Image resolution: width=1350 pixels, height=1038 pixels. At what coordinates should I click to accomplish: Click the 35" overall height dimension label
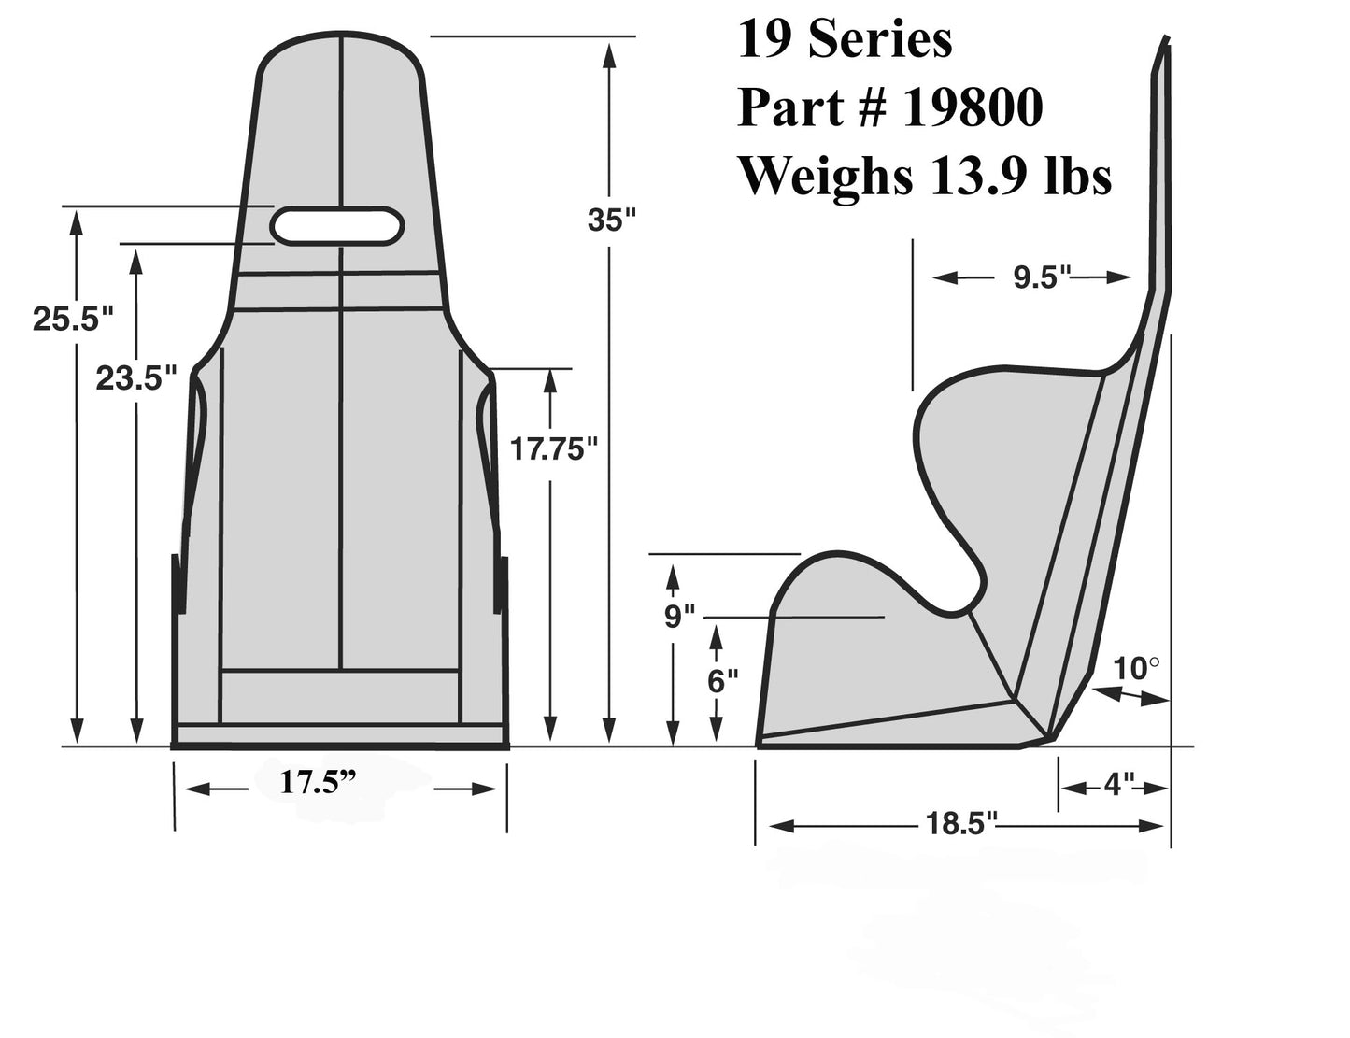coord(611,220)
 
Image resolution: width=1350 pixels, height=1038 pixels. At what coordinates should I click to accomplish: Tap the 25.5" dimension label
coord(73,319)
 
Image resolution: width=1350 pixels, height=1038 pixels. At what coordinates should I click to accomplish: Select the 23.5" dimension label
coord(136,378)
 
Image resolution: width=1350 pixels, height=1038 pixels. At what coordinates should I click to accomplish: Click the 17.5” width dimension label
coord(320,782)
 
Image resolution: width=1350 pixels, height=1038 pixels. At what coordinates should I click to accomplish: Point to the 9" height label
coord(680,617)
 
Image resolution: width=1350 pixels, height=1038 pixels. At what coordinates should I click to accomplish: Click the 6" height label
coord(717,681)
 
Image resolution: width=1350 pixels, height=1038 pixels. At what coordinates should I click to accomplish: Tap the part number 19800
coord(972,108)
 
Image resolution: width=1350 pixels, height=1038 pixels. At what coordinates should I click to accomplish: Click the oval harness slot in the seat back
coord(337,226)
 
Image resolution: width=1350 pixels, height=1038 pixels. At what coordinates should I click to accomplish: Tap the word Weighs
coord(823,175)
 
